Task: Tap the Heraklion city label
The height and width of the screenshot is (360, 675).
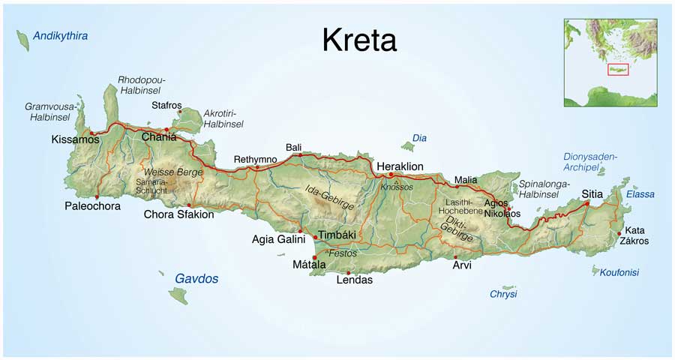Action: (x=400, y=166)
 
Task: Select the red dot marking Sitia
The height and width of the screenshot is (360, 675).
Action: (x=586, y=203)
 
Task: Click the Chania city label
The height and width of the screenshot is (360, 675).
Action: (x=159, y=137)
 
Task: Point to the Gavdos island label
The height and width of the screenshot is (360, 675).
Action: (x=196, y=278)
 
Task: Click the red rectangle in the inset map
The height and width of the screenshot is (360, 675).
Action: (x=618, y=70)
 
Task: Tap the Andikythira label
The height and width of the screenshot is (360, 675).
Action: (x=61, y=35)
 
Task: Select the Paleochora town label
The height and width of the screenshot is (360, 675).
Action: (x=92, y=206)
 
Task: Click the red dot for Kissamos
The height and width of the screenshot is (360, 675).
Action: (x=92, y=133)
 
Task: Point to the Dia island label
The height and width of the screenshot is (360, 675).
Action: (x=420, y=138)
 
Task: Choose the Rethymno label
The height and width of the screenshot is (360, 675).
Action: (x=255, y=159)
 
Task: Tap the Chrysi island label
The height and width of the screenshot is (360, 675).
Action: (x=503, y=294)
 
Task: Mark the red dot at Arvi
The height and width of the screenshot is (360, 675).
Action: (x=455, y=257)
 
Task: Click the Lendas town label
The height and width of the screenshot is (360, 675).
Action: (x=355, y=280)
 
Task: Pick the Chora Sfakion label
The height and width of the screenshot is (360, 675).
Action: (x=178, y=214)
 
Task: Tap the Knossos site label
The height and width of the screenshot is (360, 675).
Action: (x=397, y=187)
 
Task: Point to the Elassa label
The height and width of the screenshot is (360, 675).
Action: (x=640, y=194)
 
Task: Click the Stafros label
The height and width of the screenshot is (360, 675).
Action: (x=166, y=105)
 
